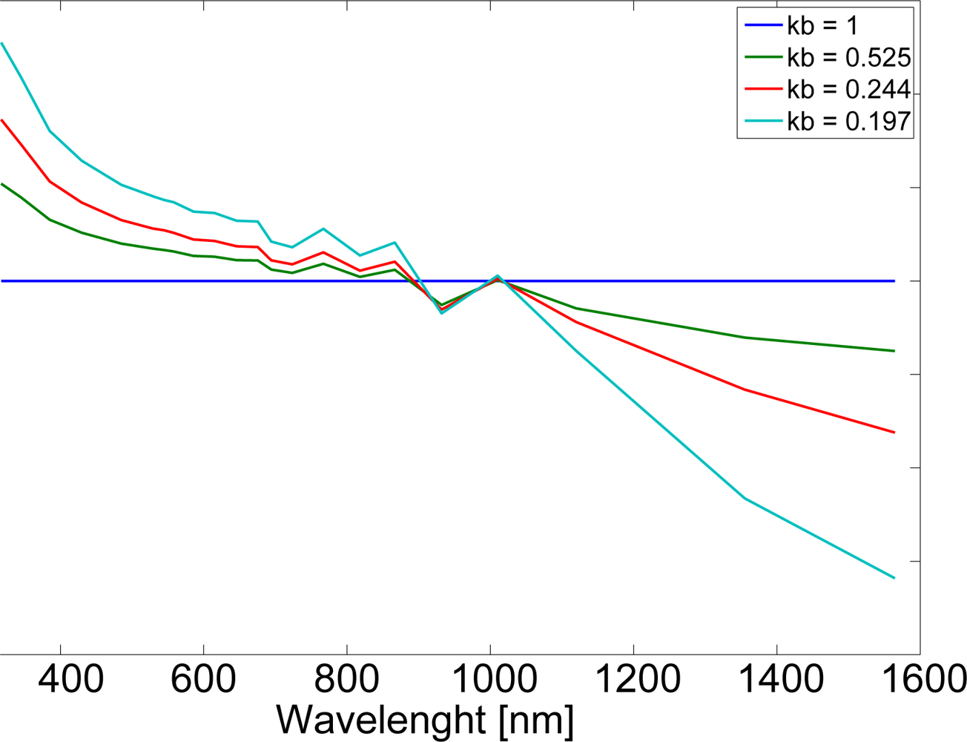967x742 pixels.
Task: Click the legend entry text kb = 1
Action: pos(822,26)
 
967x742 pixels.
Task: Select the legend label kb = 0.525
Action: pos(849,57)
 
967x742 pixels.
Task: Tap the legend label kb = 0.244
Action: pos(849,89)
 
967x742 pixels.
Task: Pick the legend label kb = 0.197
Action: pos(849,121)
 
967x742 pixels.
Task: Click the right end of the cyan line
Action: pos(894,577)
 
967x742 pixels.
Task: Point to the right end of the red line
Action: pos(894,432)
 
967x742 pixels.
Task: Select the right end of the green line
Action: pos(894,351)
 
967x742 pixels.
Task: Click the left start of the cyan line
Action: pos(2,43)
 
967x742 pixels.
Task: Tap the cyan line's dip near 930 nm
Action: pos(442,313)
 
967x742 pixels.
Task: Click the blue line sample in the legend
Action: pos(762,26)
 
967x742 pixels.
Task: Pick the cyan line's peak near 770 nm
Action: pos(323,229)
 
